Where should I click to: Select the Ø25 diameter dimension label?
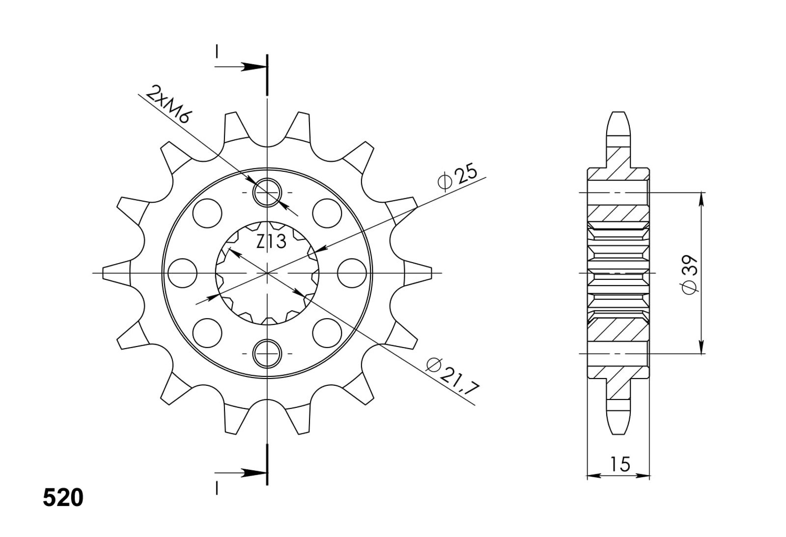click(x=457, y=177)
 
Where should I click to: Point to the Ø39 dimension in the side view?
click(x=690, y=275)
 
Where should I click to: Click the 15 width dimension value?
click(x=620, y=464)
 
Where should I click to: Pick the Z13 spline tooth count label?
click(x=271, y=241)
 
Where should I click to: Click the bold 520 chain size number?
click(x=63, y=498)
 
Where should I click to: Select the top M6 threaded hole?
click(x=267, y=192)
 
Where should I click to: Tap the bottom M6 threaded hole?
click(x=267, y=353)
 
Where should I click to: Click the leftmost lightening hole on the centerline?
click(x=182, y=273)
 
